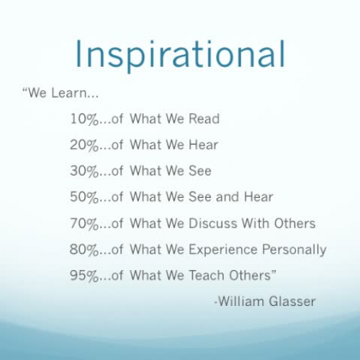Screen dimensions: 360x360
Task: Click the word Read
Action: coord(204,119)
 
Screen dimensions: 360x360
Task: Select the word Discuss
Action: coord(213,223)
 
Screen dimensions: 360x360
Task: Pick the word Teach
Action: coord(206,276)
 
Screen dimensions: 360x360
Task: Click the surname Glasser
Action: coord(293,302)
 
